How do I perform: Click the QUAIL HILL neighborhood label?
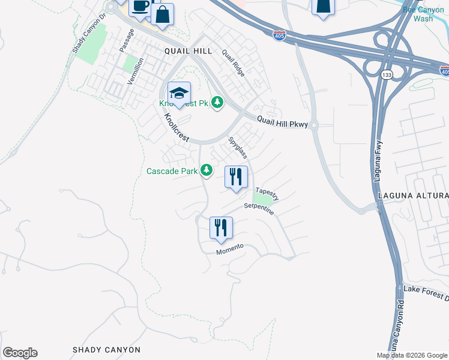(188, 52)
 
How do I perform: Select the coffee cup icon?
(140, 7)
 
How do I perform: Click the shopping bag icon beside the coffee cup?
(162, 13)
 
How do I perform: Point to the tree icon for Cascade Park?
(206, 171)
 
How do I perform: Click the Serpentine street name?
(259, 209)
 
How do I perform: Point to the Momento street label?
(231, 250)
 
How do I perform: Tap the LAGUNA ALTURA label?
(413, 196)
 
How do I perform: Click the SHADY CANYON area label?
(106, 349)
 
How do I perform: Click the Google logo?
(20, 353)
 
